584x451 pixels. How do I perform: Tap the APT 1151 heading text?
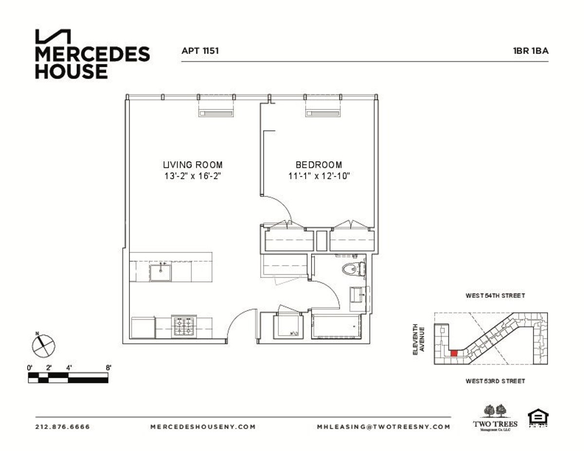coord(200,50)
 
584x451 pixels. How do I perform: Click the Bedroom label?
coord(319,165)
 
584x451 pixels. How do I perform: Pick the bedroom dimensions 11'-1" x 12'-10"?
coord(319,176)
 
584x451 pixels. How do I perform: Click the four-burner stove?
coord(184,326)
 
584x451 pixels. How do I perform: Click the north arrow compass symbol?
coord(43,345)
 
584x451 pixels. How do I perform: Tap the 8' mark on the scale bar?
coord(108,368)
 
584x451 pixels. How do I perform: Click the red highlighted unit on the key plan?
coord(454,354)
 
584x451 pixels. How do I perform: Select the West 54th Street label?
coord(495,296)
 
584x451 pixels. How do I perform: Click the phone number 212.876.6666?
coord(63,427)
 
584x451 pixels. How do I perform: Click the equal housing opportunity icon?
coord(538,419)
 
